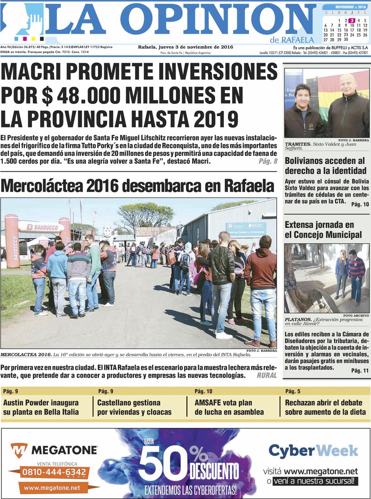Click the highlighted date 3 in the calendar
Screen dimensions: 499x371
[351, 20]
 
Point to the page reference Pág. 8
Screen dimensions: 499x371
[268, 161]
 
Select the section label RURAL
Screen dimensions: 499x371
[266, 375]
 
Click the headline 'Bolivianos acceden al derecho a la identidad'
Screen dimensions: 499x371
[325, 166]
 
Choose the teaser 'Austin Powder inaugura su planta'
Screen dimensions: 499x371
[41, 407]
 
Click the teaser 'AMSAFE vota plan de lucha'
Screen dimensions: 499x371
[229, 407]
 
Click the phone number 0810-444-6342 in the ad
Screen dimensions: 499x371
[54, 472]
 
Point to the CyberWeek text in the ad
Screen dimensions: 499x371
[313, 451]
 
